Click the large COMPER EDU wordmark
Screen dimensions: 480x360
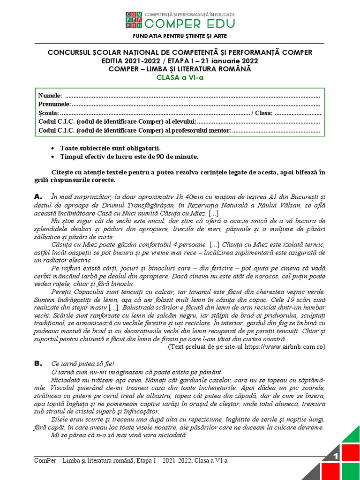(x=189, y=23)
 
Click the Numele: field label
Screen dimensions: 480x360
(x=50, y=96)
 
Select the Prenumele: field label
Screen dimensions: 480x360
(x=54, y=104)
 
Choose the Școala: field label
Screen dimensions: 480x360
(x=48, y=113)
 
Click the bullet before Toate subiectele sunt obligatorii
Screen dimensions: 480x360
(x=55, y=148)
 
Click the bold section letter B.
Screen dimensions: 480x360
(x=38, y=363)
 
